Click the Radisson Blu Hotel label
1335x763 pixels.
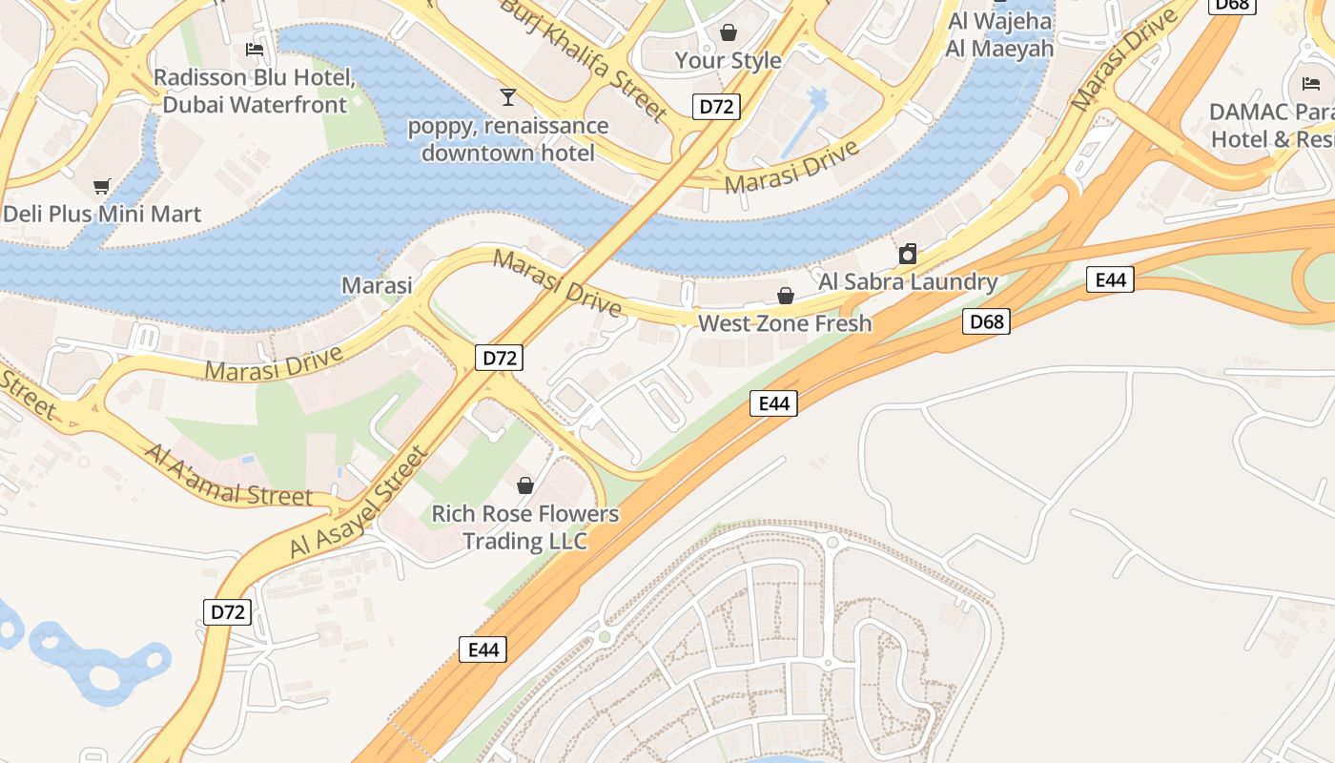[x=255, y=91]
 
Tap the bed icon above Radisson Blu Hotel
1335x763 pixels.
[x=255, y=49]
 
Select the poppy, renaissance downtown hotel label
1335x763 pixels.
[x=507, y=139]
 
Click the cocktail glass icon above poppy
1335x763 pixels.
[x=507, y=96]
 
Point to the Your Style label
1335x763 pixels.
[x=728, y=60]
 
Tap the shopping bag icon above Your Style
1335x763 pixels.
[x=729, y=32]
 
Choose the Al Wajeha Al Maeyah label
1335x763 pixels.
[x=999, y=34]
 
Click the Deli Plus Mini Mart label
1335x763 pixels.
[x=102, y=213]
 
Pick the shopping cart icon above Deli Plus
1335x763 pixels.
[x=102, y=186]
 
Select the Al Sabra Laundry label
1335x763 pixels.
[x=908, y=281]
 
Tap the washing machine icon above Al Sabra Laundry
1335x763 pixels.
[x=908, y=254]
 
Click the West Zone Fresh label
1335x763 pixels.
[x=785, y=323]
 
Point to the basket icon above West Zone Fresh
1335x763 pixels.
[x=786, y=296]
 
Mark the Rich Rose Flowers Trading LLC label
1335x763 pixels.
[x=524, y=527]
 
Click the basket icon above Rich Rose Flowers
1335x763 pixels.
[x=524, y=485]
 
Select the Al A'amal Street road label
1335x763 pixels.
[x=229, y=474]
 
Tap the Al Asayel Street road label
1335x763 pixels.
[x=358, y=505]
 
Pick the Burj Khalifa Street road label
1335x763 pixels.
[x=584, y=59]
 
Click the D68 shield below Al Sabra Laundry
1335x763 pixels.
[x=985, y=321]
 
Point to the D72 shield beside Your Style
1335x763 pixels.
[x=716, y=106]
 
